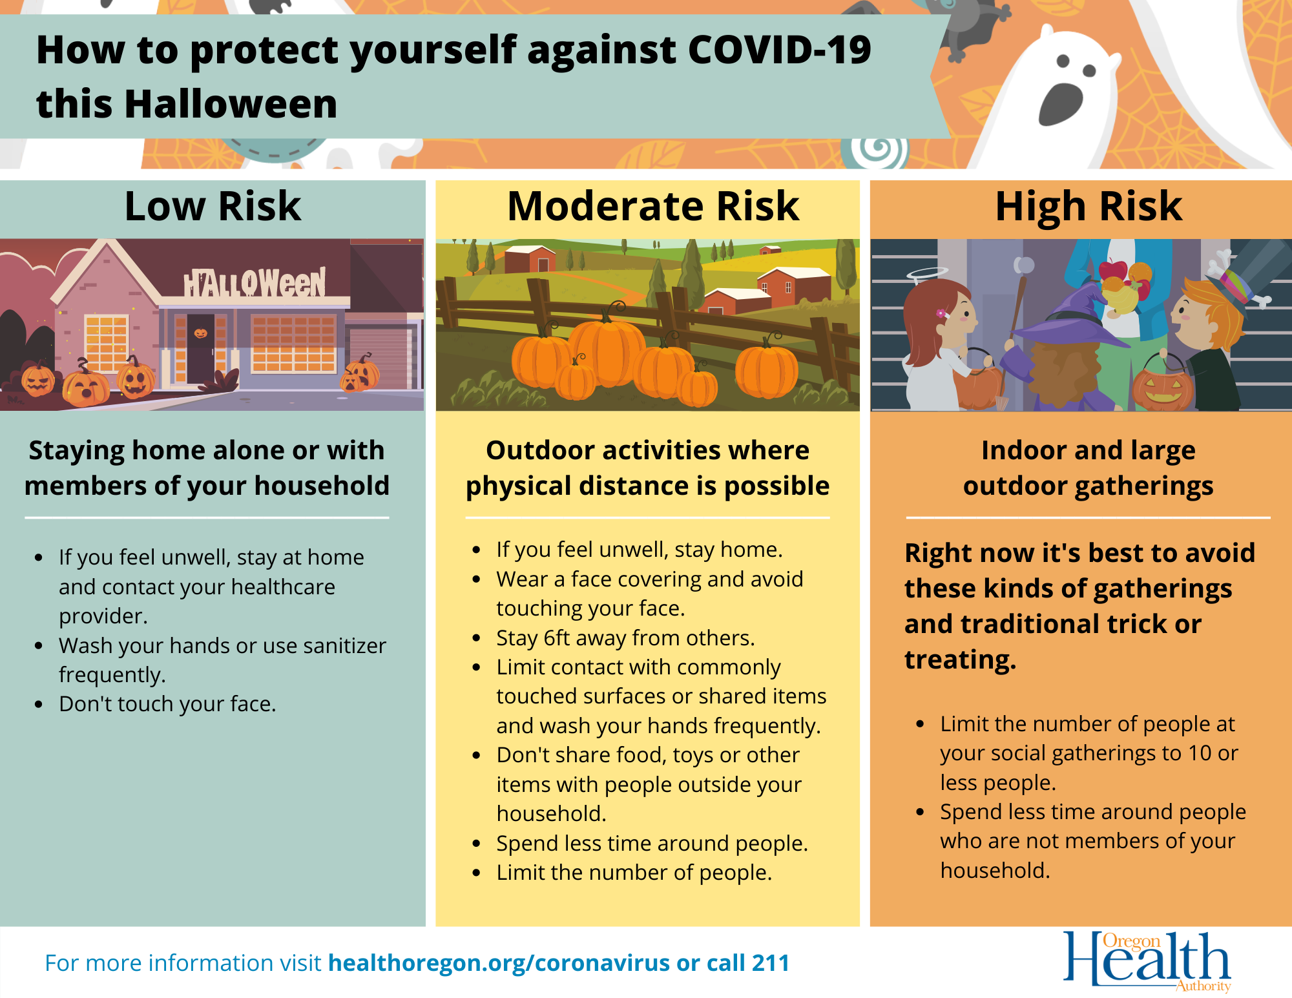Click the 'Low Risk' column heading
tap(213, 207)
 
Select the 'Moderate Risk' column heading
tap(653, 207)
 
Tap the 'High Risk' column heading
tap(1089, 207)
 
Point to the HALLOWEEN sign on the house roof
tap(255, 283)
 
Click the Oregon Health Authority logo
tap(1147, 961)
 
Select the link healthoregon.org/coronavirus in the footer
tap(499, 963)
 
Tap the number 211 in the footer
tap(771, 963)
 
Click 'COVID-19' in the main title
tap(779, 50)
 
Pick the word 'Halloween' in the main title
tap(231, 104)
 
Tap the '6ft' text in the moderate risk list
tap(556, 638)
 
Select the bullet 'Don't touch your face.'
tap(167, 704)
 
